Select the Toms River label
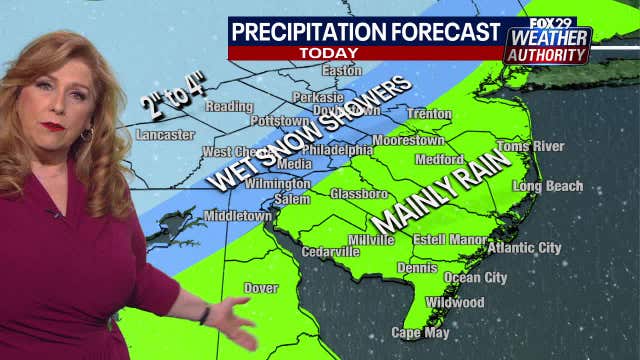coord(530,147)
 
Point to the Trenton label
coord(430,114)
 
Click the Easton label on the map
coord(341,71)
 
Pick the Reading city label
coord(229,106)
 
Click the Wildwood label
coord(454,302)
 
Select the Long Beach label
coord(546,186)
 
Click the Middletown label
coord(238,216)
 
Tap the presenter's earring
coord(88,133)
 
